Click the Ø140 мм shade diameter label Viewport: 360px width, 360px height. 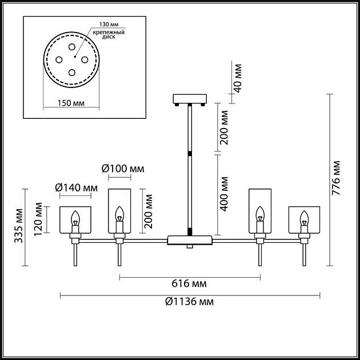(x=76, y=187)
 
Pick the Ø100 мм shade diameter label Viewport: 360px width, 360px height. (x=123, y=169)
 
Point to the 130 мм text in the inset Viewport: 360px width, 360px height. (x=105, y=26)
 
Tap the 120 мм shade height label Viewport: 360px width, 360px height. (x=38, y=218)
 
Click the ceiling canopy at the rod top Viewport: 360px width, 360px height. (x=189, y=99)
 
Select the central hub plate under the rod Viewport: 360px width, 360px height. (x=189, y=239)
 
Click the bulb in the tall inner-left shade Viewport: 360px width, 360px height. (x=119, y=214)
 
